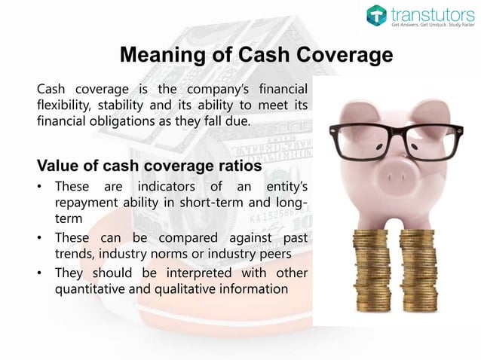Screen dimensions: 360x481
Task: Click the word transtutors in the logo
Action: (429, 14)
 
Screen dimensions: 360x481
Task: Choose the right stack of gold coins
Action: (419, 271)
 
